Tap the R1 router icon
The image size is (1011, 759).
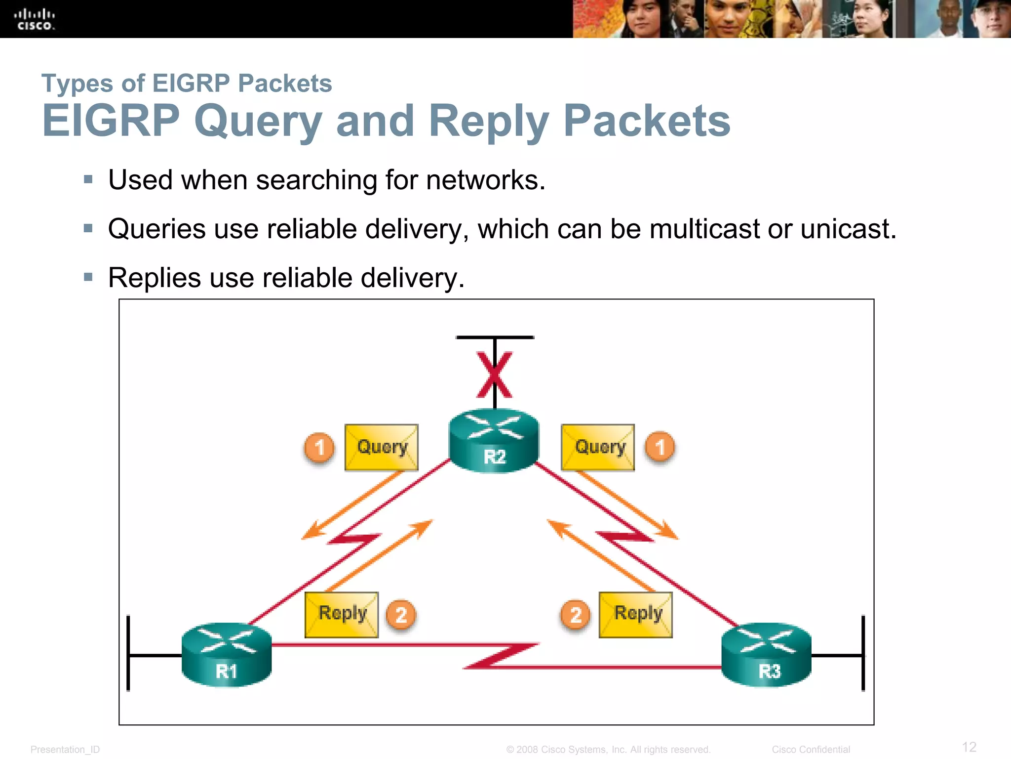[x=227, y=655]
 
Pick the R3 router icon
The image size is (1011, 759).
[x=766, y=655]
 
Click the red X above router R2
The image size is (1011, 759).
[x=494, y=375]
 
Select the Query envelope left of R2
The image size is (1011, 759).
[x=381, y=447]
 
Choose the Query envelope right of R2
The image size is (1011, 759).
[x=598, y=447]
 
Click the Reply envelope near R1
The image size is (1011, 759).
[x=342, y=615]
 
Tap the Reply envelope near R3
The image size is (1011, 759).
[x=636, y=615]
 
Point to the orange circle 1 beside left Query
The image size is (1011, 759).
[x=319, y=448]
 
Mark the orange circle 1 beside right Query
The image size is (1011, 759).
[x=660, y=447]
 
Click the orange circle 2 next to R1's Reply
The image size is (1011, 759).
[x=401, y=615]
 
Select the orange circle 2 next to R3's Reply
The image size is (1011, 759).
[x=575, y=615]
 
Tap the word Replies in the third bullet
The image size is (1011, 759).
[x=154, y=278]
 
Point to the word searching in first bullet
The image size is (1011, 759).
[x=316, y=180]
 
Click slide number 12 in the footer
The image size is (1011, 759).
[x=969, y=747]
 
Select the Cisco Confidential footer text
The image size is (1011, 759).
[x=811, y=750]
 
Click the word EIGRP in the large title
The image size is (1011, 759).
[x=111, y=121]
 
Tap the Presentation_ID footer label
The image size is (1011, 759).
[x=65, y=750]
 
